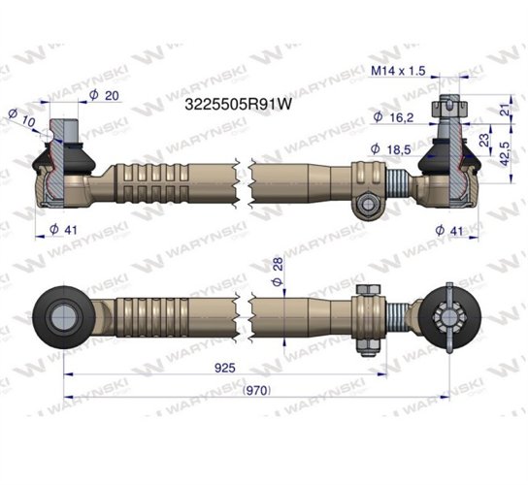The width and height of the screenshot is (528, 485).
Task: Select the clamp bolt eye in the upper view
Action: (367, 205)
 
